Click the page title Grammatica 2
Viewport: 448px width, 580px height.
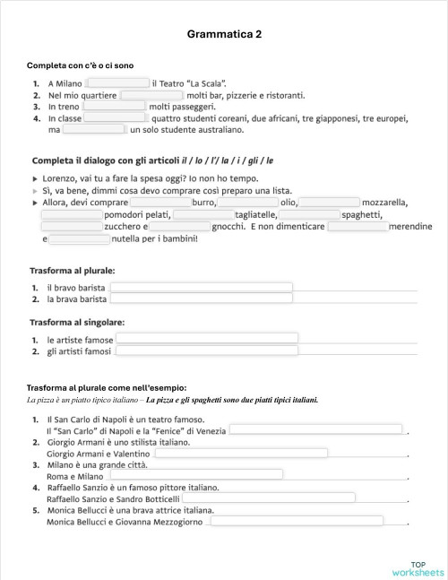(225, 34)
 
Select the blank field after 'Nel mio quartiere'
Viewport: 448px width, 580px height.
(151, 94)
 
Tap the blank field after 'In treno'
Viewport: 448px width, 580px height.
(114, 106)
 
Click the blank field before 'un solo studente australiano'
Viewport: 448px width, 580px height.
(94, 129)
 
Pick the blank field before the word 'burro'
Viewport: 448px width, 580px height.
(160, 203)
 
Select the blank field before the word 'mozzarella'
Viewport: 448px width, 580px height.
(329, 203)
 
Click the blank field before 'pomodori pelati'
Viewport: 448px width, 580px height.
(72, 215)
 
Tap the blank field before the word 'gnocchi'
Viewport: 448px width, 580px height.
(179, 227)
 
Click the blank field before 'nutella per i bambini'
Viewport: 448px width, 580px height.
(78, 239)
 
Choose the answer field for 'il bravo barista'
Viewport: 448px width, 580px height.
(201, 287)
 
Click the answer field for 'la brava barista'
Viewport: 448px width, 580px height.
(201, 299)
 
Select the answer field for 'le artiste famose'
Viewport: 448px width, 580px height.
(206, 339)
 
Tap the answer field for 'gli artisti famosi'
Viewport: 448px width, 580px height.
(206, 351)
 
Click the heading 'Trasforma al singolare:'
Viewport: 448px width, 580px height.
(76, 322)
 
